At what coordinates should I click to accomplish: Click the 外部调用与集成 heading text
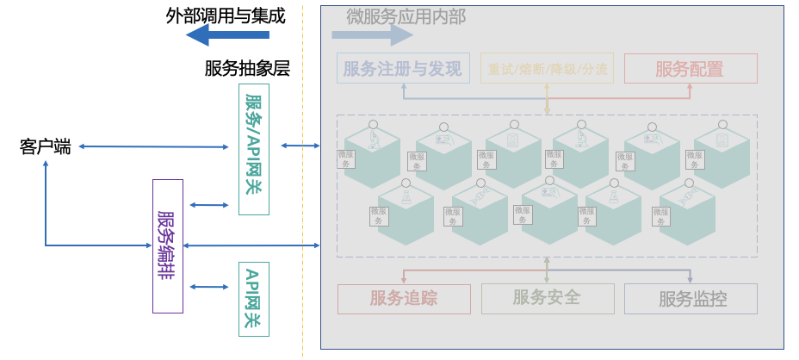(225, 15)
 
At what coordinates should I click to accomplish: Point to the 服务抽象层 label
(247, 69)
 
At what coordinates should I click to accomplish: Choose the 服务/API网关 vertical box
(254, 148)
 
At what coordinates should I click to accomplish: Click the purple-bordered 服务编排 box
(168, 245)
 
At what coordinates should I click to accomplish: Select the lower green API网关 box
(254, 298)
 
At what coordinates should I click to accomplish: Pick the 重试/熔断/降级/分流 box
(547, 69)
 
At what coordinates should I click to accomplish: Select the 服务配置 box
(690, 69)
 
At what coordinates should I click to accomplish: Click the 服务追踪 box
(404, 299)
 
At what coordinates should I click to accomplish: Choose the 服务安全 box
(547, 298)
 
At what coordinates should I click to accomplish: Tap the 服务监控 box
(691, 299)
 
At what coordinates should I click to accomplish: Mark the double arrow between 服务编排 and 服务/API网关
(208, 205)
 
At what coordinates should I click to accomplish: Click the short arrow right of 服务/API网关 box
(300, 146)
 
